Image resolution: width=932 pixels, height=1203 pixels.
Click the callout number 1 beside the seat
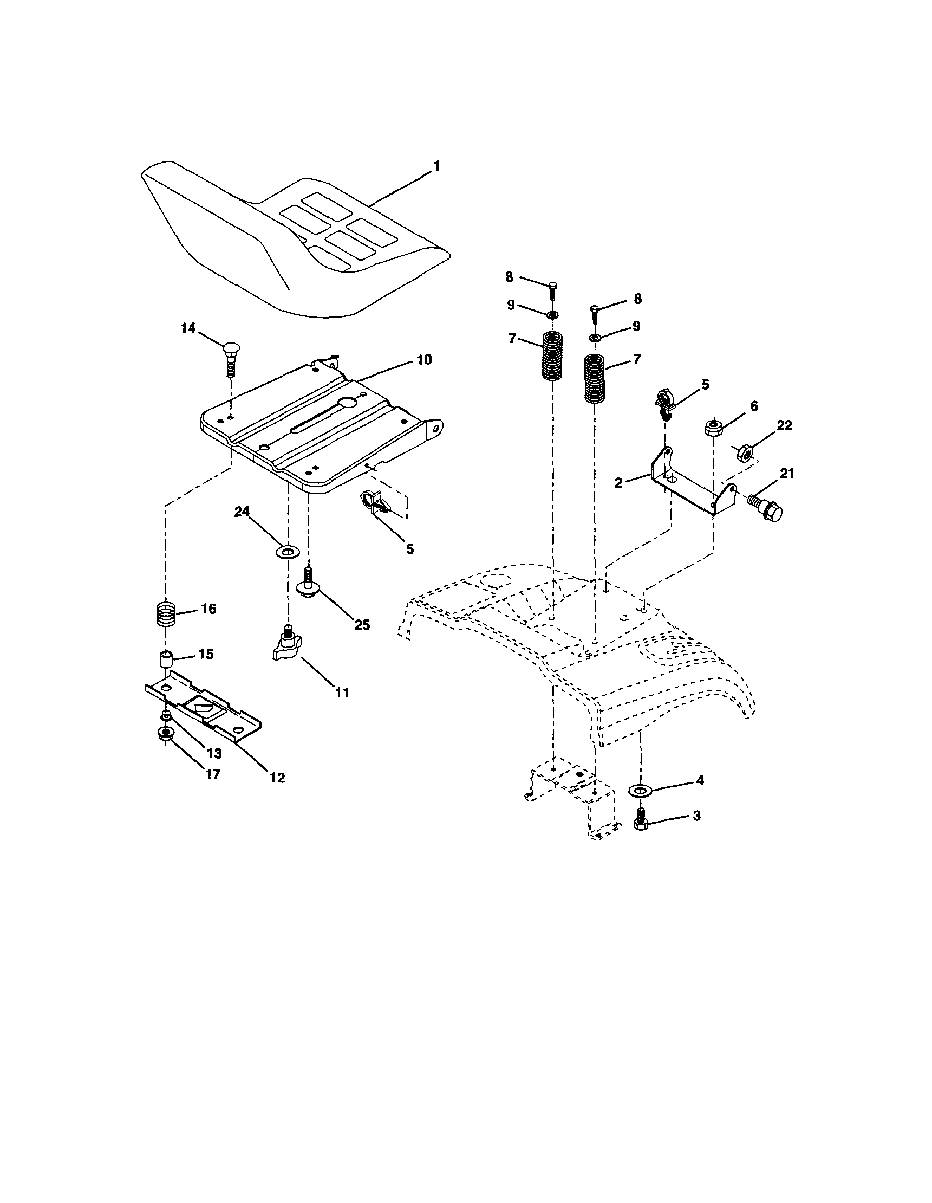tap(436, 165)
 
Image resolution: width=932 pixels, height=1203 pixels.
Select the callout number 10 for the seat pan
tap(423, 360)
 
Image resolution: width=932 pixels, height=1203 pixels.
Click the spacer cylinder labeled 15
tap(166, 659)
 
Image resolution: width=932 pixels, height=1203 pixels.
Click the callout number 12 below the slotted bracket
tap(277, 778)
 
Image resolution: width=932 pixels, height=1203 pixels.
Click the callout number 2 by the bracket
tap(619, 483)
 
